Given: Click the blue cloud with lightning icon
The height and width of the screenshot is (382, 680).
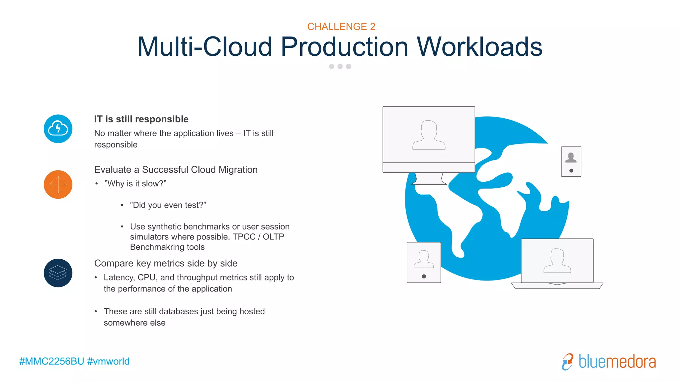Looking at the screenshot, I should pos(58,129).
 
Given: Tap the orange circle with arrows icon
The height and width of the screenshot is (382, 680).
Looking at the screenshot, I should pos(58,184).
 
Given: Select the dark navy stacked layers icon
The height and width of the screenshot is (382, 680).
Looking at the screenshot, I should pos(58,273).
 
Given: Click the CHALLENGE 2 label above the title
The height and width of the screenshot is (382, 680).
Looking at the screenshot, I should pos(341,27).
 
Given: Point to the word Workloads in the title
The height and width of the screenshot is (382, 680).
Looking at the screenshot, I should pos(479,47).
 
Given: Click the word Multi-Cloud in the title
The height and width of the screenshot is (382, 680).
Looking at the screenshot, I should pos(205,47).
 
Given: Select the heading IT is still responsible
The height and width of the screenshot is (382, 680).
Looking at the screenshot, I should pos(141,119).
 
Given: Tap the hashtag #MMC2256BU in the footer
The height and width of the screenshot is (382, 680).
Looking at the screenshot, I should pos(51,361).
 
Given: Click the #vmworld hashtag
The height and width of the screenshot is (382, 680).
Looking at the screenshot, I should pos(108,361).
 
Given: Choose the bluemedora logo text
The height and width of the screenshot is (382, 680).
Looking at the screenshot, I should pos(617,361).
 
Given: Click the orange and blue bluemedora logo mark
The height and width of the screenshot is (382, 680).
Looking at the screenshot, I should pos(567,361).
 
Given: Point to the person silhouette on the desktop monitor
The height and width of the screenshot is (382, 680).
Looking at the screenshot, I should pos(429,135).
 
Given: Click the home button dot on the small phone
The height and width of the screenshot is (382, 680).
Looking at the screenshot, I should pos(571,171).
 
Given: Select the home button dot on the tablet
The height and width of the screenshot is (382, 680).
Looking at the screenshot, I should pos(424,276).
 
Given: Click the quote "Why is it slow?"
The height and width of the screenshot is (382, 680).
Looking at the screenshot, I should pos(135,184).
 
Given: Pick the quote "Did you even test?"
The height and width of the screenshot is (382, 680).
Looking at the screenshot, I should pos(168,205).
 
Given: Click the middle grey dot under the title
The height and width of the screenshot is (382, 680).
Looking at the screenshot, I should pos(340,66).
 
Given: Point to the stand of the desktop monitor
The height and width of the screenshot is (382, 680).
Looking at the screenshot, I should pos(429,179).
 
